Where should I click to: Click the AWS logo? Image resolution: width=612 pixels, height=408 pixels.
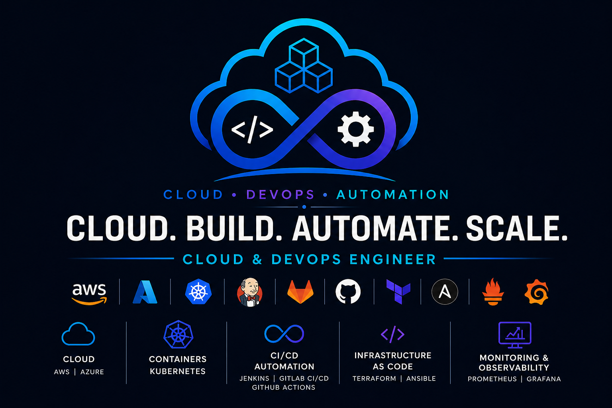tap(89, 294)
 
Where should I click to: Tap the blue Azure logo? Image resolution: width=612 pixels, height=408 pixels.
tap(145, 292)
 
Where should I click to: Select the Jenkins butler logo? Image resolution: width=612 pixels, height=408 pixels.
tap(250, 292)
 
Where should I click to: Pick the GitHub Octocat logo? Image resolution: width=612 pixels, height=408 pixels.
tap(348, 291)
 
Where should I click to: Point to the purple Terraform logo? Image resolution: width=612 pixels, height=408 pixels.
tap(398, 292)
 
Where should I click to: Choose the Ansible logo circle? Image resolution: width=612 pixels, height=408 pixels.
tap(445, 292)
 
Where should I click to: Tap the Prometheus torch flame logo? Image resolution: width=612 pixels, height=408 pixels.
tap(493, 292)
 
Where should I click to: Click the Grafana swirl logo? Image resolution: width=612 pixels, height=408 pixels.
tap(537, 292)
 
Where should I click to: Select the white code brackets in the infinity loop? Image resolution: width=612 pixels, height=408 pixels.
tap(252, 129)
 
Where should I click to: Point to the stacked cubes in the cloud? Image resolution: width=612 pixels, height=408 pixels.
tap(304, 66)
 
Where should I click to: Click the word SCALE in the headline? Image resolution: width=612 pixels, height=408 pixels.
tap(516, 228)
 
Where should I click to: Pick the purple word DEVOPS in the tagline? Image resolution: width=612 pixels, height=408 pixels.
tap(280, 194)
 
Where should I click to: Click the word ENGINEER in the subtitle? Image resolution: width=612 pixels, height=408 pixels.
tap(392, 259)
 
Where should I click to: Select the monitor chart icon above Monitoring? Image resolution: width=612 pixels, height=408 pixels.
tap(515, 335)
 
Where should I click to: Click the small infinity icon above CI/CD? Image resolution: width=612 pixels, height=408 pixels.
tap(284, 333)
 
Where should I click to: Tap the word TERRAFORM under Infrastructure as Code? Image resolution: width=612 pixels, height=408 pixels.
tap(374, 379)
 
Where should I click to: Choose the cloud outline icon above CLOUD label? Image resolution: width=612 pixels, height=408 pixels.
tap(78, 334)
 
